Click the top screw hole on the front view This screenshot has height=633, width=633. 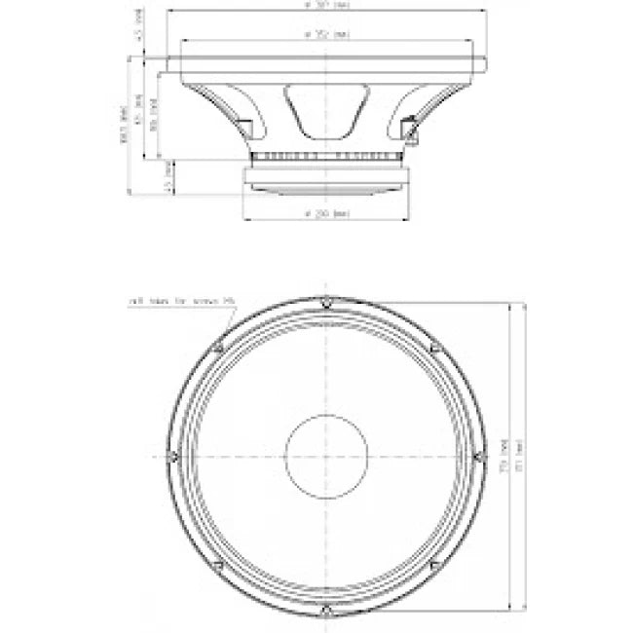[x=326, y=302]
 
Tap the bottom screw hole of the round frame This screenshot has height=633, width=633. [x=326, y=611]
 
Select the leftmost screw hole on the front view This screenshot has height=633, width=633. [x=172, y=456]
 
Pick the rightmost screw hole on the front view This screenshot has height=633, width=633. [x=479, y=456]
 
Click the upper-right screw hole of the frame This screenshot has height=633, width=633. [x=434, y=347]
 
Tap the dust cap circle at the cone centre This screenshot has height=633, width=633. [x=326, y=456]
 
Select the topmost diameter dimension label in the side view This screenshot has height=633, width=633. [x=326, y=5]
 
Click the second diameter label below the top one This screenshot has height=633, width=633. [x=326, y=35]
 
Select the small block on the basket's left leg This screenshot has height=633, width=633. [x=242, y=127]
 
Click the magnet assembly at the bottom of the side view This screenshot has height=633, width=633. [x=326, y=178]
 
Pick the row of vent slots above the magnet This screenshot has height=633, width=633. [x=326, y=157]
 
